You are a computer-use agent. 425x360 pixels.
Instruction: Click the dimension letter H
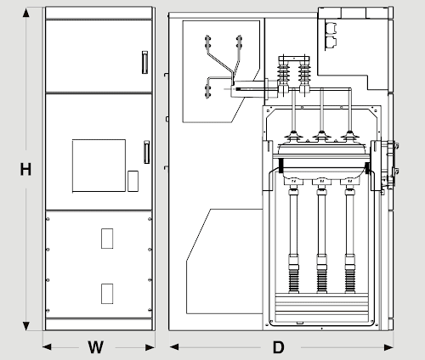[25, 169]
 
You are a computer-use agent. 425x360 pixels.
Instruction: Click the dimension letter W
[96, 347]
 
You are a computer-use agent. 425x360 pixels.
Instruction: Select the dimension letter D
[278, 347]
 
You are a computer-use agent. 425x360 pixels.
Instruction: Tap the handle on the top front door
[144, 62]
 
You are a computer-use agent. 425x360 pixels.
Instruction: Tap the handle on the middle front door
[146, 152]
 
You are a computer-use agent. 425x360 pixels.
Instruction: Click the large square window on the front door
[99, 166]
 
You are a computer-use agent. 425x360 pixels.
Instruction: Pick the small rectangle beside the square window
[133, 181]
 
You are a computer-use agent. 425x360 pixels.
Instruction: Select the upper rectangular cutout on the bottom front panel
[107, 239]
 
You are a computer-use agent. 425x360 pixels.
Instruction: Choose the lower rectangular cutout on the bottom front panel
[107, 294]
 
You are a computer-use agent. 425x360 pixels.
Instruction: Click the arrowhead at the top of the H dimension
[26, 13]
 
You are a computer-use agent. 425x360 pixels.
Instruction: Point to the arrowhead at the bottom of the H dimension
[26, 326]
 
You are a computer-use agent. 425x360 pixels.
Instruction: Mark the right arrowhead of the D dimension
[388, 347]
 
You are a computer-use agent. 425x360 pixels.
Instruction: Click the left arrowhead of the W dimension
[47, 347]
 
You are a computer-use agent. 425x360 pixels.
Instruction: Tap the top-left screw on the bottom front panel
[48, 219]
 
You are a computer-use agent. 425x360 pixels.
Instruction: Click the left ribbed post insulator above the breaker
[283, 74]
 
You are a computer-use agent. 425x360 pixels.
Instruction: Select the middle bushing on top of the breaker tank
[321, 136]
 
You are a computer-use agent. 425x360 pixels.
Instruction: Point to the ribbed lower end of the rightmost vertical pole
[350, 281]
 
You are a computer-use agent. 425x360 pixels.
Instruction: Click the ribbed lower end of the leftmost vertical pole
[293, 281]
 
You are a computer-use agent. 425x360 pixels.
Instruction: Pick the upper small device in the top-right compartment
[331, 28]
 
